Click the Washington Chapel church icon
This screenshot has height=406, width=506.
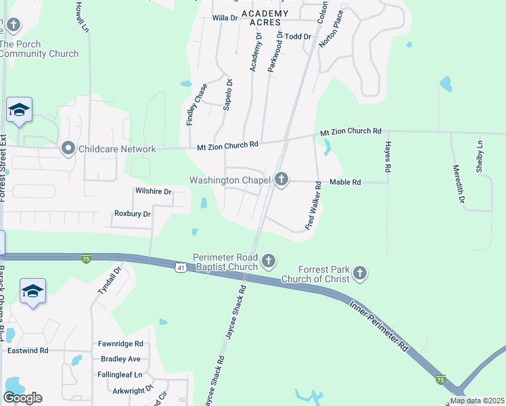tap(281, 180)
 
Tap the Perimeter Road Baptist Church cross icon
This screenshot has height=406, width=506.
tap(269, 261)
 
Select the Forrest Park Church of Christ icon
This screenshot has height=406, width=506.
tap(360, 273)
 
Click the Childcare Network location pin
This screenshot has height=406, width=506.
tap(68, 148)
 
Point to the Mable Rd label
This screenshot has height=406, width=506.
tap(345, 183)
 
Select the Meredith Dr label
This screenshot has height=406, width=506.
tap(459, 184)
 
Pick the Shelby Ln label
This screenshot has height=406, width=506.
tap(481, 156)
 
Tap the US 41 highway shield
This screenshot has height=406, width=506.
tap(181, 268)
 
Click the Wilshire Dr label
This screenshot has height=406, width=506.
tap(154, 191)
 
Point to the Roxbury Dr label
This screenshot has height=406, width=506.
tap(133, 214)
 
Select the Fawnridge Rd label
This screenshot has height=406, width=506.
tap(120, 344)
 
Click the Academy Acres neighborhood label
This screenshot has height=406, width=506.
tap(264, 18)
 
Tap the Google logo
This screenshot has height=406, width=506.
tap(22, 398)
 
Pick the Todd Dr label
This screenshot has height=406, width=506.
tap(298, 37)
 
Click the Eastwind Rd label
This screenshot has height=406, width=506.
tap(28, 351)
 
